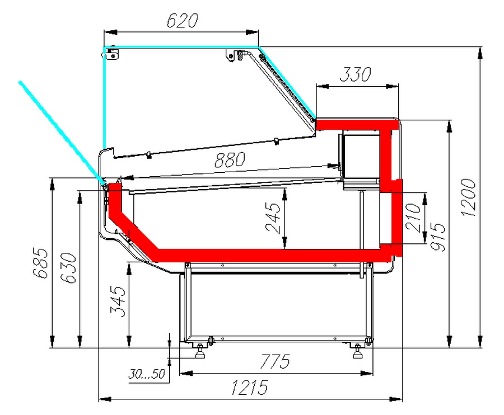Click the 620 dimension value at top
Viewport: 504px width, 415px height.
pos(182,21)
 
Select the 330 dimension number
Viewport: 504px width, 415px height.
pos(355,74)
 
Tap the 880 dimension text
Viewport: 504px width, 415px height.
pos(230,160)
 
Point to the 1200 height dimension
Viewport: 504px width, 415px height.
pos(468,197)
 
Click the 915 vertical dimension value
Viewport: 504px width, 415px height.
pos(438,237)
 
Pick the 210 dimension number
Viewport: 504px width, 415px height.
pos(413,218)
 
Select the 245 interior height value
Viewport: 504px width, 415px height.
pos(273,218)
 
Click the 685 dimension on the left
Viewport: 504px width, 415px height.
pos(40,262)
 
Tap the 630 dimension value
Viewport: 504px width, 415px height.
pos(68,268)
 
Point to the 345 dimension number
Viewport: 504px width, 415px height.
pos(118,301)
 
